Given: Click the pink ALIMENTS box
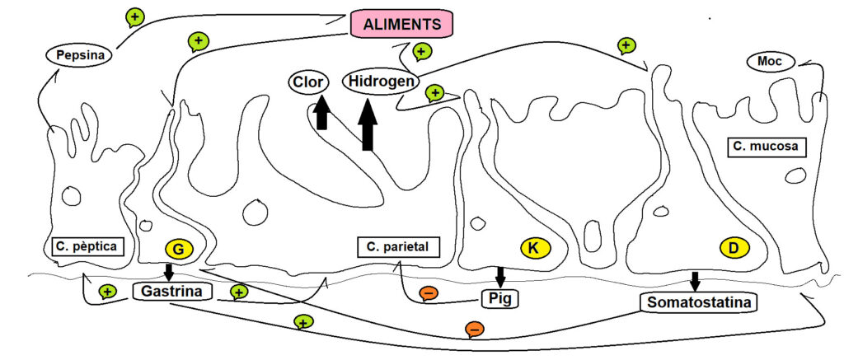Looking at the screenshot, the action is pyautogui.click(x=401, y=24).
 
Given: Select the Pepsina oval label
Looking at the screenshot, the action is pyautogui.click(x=78, y=55).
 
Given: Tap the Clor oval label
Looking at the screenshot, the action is pyautogui.click(x=308, y=82).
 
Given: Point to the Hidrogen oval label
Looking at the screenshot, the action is pyautogui.click(x=381, y=82).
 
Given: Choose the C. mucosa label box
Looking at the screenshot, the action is pyautogui.click(x=767, y=147).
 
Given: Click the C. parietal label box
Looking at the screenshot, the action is pyautogui.click(x=398, y=247).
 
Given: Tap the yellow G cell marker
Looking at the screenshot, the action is pyautogui.click(x=179, y=250).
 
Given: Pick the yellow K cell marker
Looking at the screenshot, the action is pyautogui.click(x=534, y=247).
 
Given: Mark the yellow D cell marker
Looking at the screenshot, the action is pyautogui.click(x=734, y=247).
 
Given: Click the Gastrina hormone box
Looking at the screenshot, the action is pyautogui.click(x=172, y=292).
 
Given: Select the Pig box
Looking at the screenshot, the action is pyautogui.click(x=500, y=298).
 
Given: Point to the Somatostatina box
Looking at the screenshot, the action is pyautogui.click(x=699, y=302).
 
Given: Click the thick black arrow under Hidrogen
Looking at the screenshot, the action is pyautogui.click(x=368, y=124).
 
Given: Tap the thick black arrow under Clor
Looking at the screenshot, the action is pyautogui.click(x=321, y=113).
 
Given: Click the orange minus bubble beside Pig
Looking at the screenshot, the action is pyautogui.click(x=429, y=292).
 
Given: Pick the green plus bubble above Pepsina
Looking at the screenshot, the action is pyautogui.click(x=134, y=18).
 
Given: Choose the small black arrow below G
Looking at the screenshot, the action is pyautogui.click(x=169, y=272).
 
